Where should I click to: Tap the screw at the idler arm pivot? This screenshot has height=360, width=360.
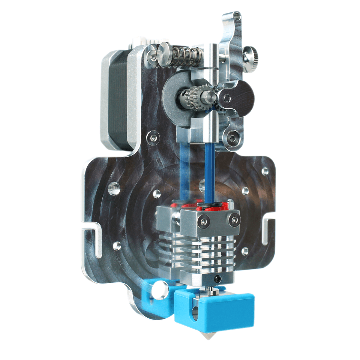[x=227, y=98]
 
